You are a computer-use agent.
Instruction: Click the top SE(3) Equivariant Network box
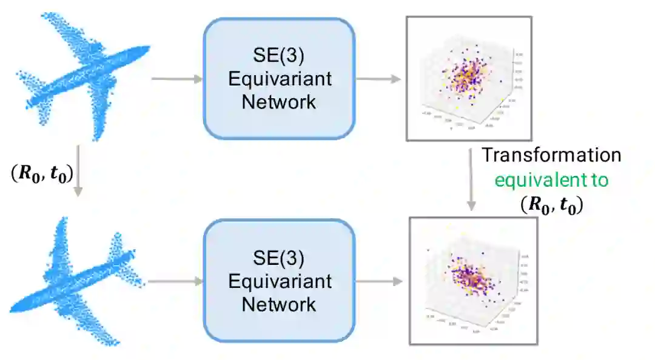coord(278,78)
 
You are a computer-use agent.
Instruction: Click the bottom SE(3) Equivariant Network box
coord(278,281)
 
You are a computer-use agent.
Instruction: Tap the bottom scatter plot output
coord(473,280)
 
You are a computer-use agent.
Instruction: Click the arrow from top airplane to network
coord(176,79)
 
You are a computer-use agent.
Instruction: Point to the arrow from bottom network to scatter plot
coord(378,281)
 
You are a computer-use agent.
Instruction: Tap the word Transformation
coord(551,155)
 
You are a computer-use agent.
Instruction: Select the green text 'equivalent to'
coord(551,180)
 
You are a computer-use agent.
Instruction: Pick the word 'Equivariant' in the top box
coord(279,79)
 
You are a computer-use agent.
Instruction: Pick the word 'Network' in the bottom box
coord(279,303)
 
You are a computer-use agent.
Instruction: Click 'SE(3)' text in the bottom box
coord(279,259)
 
